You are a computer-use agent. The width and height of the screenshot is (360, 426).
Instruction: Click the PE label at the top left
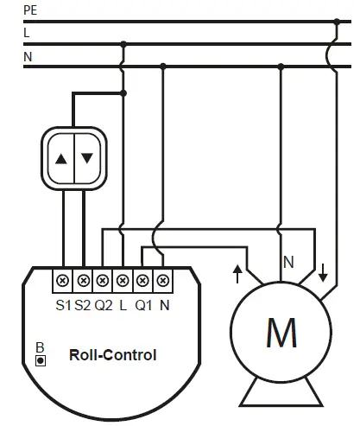click(31, 12)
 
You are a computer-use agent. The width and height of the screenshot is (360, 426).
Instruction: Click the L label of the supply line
click(27, 33)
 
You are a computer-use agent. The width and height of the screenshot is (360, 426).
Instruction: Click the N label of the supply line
click(28, 58)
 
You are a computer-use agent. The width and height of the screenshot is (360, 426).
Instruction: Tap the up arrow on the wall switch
click(61, 159)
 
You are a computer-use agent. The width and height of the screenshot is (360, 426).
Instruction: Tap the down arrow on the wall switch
click(86, 159)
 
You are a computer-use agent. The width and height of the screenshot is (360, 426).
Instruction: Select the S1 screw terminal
click(63, 281)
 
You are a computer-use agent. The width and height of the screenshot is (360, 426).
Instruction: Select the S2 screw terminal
click(83, 281)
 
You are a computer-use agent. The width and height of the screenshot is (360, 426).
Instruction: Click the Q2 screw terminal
click(103, 281)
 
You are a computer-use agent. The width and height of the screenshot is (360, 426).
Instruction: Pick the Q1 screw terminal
click(142, 281)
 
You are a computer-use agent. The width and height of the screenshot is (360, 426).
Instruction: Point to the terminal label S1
click(63, 304)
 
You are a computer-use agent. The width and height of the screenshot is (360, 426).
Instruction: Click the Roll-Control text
click(114, 354)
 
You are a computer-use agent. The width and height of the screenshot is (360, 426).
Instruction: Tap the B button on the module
click(40, 358)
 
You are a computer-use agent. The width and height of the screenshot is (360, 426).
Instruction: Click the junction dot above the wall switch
click(124, 92)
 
